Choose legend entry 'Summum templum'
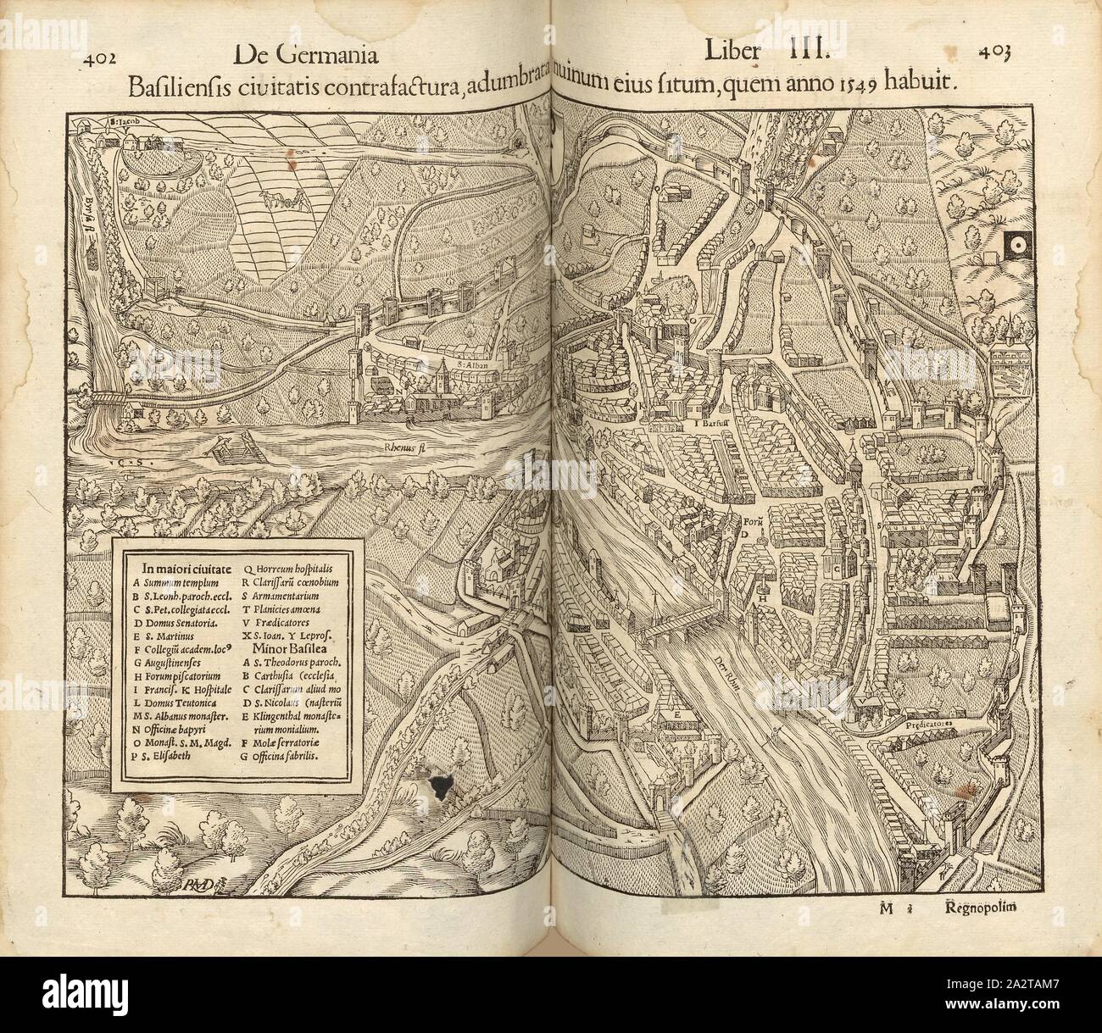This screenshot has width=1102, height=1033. coord(175,583)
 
